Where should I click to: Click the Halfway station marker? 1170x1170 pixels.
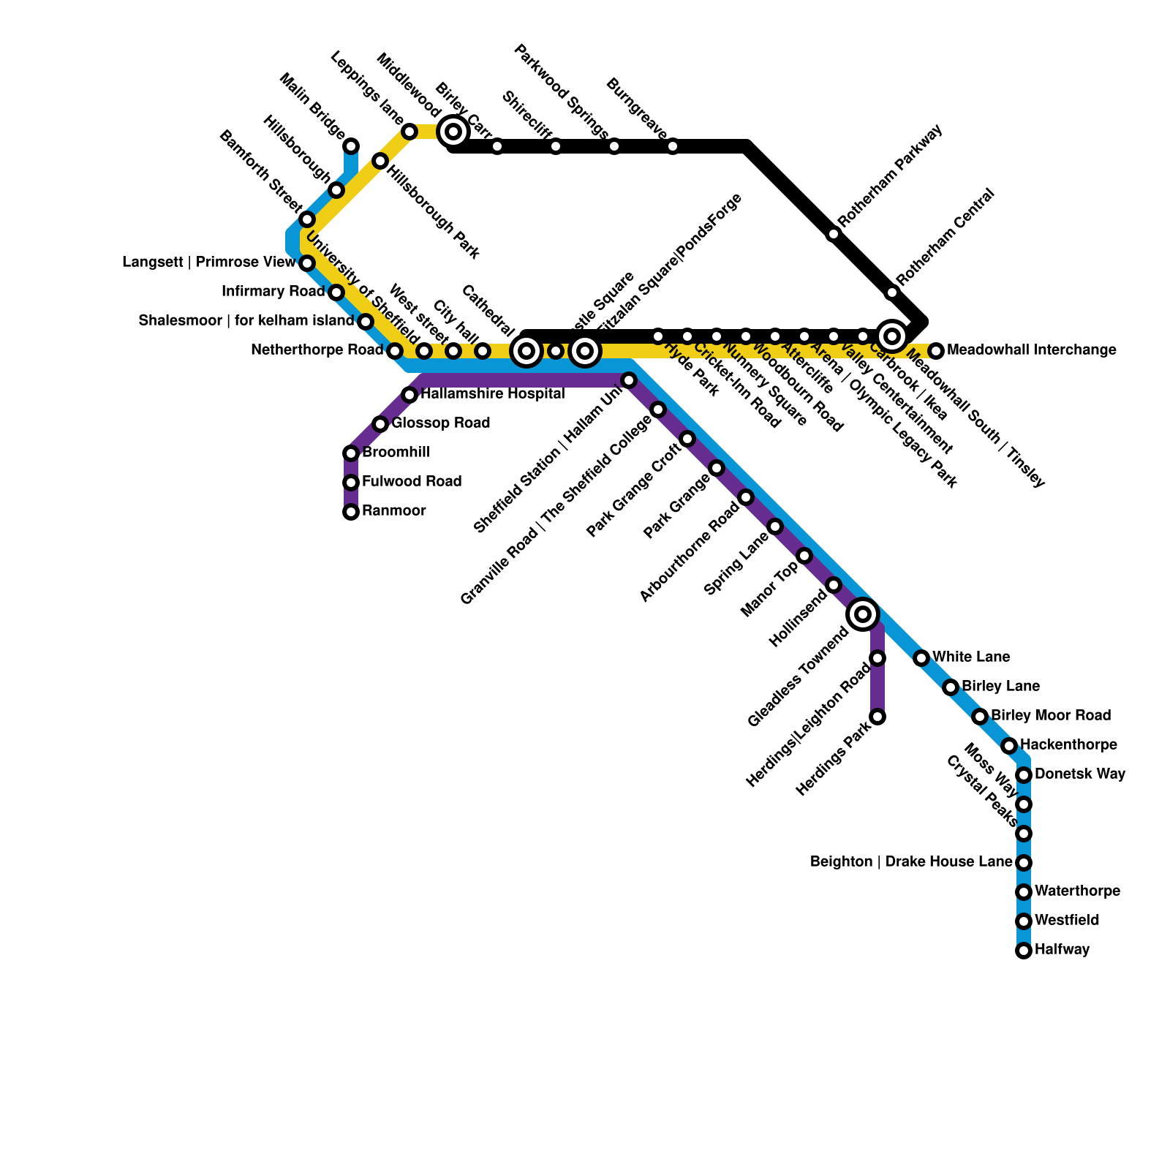(x=1024, y=951)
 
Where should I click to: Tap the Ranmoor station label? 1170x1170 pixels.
(x=393, y=511)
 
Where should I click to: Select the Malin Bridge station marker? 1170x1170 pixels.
(x=351, y=146)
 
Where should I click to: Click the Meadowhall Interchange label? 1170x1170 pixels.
(x=1031, y=350)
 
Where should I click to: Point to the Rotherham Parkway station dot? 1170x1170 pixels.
(x=834, y=234)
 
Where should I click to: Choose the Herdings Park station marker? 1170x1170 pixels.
(x=877, y=717)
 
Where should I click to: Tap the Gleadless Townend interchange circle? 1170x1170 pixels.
(x=863, y=614)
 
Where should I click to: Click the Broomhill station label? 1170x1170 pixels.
(x=396, y=453)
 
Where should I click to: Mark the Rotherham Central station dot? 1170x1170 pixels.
(x=892, y=292)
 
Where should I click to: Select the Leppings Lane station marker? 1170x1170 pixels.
(x=409, y=132)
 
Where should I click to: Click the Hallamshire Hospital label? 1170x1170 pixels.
(x=492, y=394)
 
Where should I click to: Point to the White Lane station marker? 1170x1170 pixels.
(x=921, y=658)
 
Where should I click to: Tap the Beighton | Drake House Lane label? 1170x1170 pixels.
(x=910, y=862)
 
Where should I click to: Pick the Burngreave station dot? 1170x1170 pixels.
(x=673, y=146)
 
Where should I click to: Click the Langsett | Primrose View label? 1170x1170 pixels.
(x=208, y=263)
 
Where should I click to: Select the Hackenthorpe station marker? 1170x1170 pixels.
(x=1009, y=746)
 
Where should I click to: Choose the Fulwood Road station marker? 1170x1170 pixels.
(x=351, y=483)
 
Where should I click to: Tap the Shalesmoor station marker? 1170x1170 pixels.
(x=366, y=322)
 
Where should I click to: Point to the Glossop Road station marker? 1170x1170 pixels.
(x=380, y=424)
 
